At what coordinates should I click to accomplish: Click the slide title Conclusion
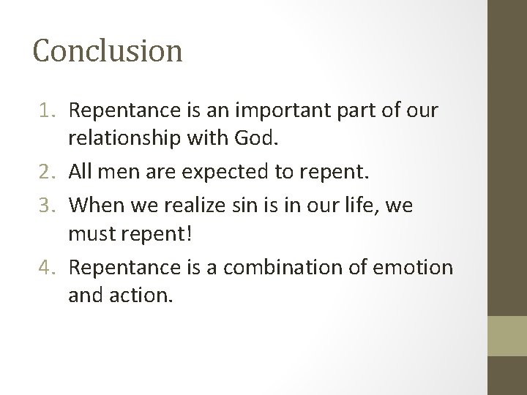coord(108,51)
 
